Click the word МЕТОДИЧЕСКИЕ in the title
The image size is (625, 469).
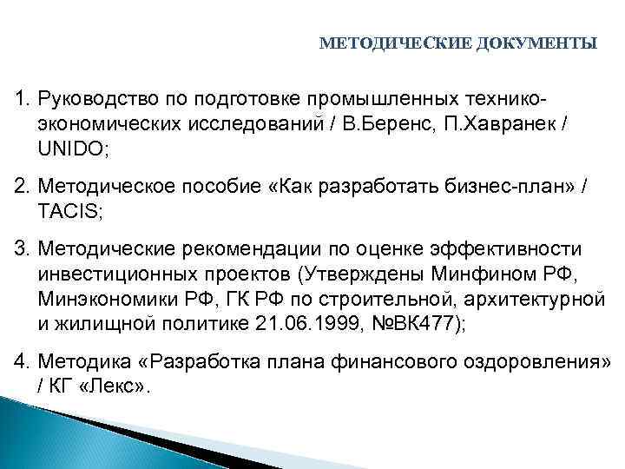pyautogui.click(x=397, y=43)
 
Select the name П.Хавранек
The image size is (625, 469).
pyautogui.click(x=510, y=125)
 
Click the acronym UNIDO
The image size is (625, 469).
pyautogui.click(x=72, y=149)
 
